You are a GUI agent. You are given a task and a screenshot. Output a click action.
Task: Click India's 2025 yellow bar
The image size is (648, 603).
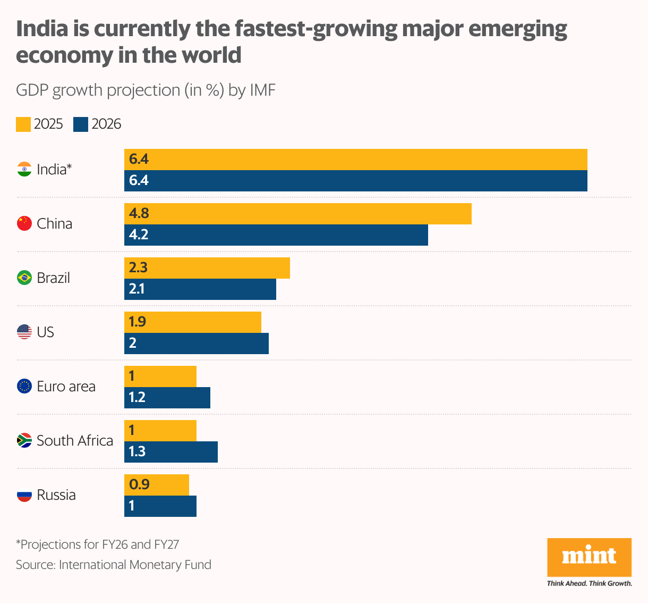356,160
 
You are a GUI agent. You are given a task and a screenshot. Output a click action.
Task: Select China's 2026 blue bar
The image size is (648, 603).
276,235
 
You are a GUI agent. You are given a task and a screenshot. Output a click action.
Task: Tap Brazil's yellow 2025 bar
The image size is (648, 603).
207,268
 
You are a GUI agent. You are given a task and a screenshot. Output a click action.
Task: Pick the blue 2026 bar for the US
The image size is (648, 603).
197,344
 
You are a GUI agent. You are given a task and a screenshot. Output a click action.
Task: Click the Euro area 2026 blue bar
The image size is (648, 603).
167,398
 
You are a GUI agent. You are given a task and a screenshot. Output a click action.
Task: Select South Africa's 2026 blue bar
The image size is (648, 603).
171,452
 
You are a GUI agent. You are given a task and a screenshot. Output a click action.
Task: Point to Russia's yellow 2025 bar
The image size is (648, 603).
157,485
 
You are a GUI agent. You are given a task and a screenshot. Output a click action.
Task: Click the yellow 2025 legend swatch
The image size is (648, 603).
23,124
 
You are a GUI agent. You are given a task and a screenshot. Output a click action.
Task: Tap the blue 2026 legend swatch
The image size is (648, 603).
81,124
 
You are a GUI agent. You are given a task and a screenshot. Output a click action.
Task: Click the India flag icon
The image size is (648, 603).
24,169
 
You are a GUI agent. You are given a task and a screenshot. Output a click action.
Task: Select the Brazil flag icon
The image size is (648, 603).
24,278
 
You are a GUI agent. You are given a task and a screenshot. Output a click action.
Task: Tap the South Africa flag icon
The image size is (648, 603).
24,440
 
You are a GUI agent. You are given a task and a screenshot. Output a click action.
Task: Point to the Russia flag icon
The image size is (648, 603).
24,495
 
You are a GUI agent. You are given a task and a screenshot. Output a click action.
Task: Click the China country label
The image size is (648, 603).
55,223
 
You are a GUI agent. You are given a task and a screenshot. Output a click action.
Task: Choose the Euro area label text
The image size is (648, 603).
66,386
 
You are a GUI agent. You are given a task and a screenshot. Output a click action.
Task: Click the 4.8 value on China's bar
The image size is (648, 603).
139,213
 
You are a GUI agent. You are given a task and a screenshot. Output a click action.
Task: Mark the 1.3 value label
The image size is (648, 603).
137,451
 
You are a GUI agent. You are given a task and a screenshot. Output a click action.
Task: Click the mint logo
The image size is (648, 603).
589,557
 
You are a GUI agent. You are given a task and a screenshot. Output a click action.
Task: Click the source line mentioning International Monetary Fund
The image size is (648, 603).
114,564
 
